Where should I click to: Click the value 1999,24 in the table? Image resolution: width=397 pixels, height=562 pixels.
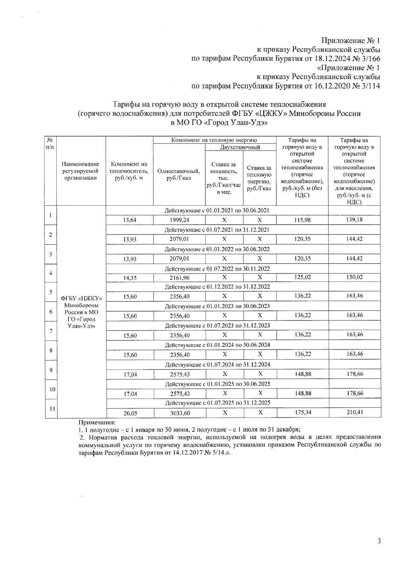(179, 220)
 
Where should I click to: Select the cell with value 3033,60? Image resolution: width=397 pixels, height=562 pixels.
(180, 413)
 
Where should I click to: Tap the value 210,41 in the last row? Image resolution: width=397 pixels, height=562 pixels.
(355, 412)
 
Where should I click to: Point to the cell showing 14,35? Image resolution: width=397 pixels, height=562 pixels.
(130, 278)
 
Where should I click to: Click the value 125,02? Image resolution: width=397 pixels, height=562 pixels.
(302, 277)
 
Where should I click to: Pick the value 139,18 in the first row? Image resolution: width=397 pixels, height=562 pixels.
(355, 219)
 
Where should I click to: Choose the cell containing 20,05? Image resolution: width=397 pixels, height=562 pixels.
(130, 413)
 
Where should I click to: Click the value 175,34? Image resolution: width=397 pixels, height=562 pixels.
(302, 412)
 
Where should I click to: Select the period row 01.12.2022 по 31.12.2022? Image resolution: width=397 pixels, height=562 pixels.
(217, 287)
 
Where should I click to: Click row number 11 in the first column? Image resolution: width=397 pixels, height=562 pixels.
(51, 408)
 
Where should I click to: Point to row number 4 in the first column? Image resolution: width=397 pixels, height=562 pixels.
(51, 273)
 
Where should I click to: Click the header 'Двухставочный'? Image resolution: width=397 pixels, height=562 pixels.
(240, 147)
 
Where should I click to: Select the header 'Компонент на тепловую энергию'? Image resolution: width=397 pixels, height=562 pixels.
(214, 140)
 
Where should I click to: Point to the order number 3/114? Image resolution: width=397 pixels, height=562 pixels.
(369, 86)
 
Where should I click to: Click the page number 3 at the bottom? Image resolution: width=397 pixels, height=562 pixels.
(379, 541)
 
